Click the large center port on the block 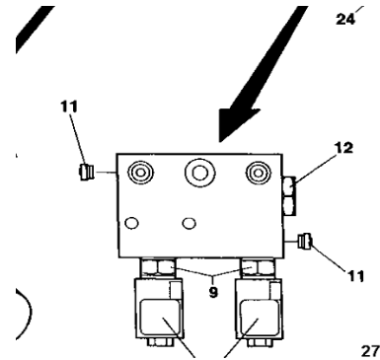pyautogui.click(x=202, y=175)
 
